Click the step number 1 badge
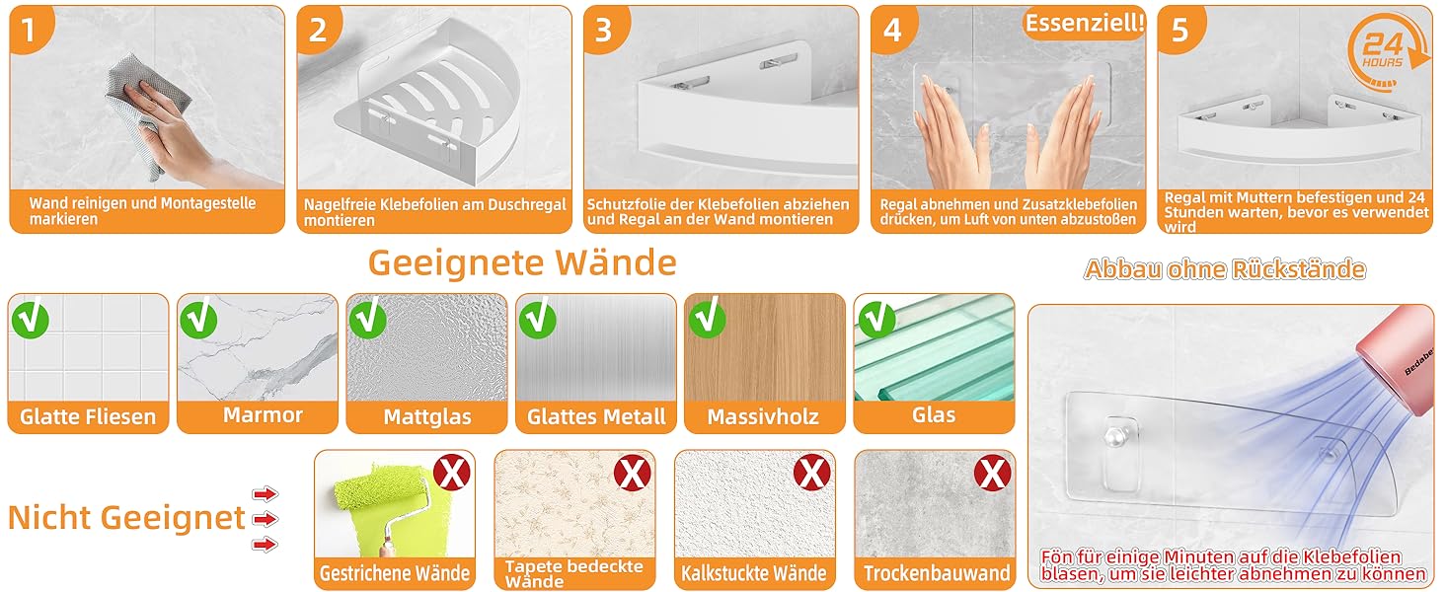tap(29, 29)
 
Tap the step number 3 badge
tap(604, 29)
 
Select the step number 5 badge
tap(1179, 29)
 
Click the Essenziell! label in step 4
tap(1085, 24)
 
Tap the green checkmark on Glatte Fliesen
tap(31, 318)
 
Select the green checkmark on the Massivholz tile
tap(707, 318)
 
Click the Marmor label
tap(264, 415)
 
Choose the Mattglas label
tap(427, 416)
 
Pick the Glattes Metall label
tap(596, 416)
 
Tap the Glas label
tap(934, 414)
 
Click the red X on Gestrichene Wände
tap(452, 473)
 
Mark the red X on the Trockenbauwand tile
tap(992, 473)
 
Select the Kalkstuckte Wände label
tap(753, 572)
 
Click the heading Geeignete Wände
tap(522, 263)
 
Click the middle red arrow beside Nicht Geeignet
tap(265, 519)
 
